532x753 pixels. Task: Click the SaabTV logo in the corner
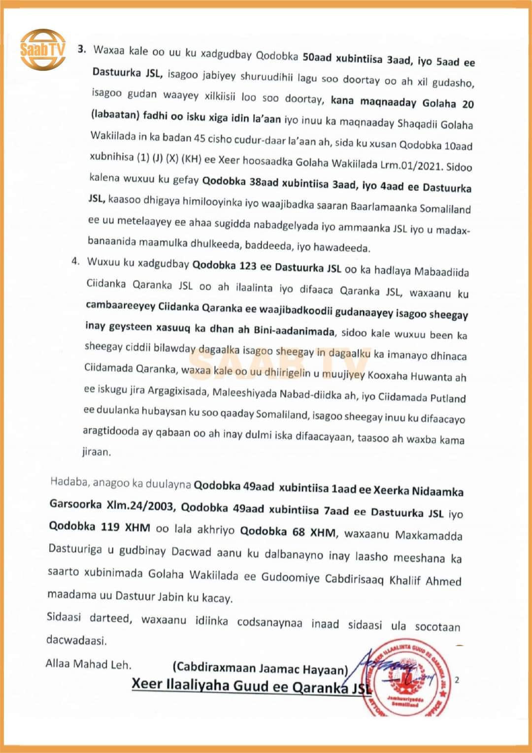pos(43,49)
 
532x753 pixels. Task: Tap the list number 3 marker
pos(82,49)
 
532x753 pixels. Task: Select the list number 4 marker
pos(75,261)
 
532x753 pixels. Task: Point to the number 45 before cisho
pos(199,138)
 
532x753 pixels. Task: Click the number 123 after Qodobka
pos(248,266)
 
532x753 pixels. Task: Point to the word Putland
pos(448,398)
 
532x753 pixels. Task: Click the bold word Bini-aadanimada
pos(294,330)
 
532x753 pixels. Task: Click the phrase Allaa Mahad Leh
pos(89,664)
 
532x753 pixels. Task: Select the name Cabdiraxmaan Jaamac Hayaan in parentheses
pos(260,668)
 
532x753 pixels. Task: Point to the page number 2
pos(457,680)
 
